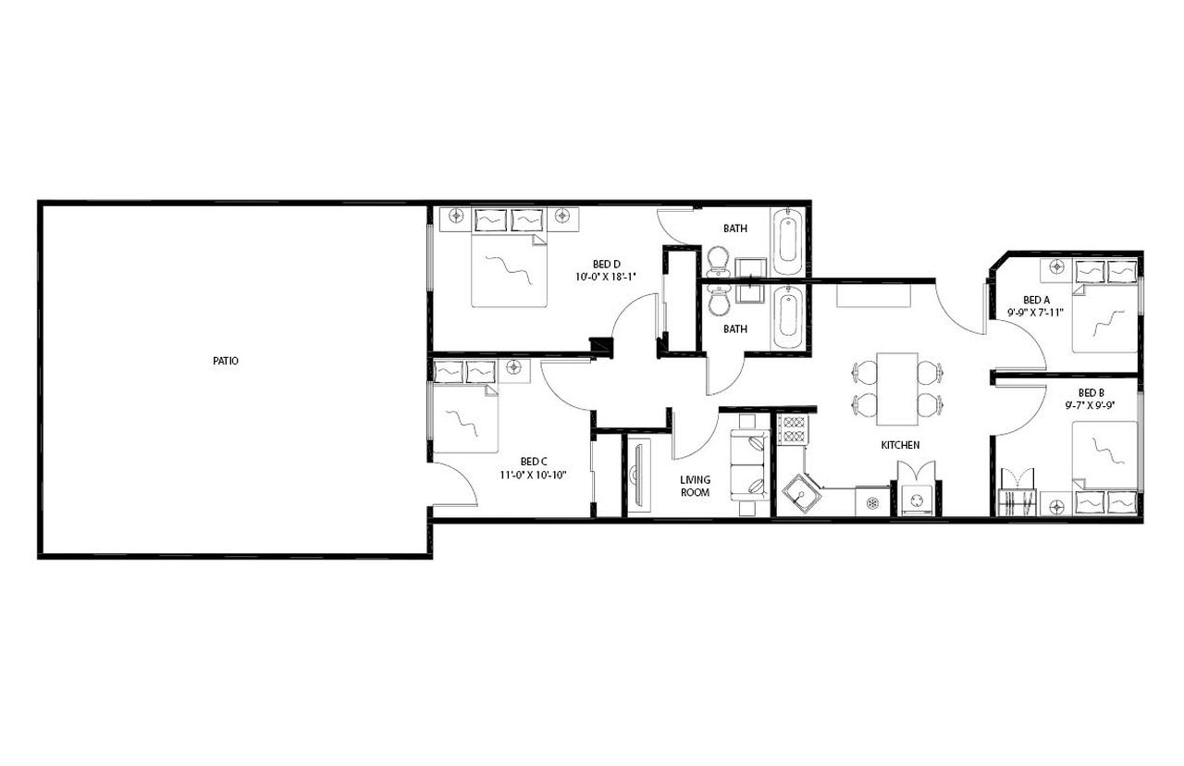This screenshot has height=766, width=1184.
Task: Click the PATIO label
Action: tap(225, 362)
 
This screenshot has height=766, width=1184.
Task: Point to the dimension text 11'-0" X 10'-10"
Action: tap(534, 476)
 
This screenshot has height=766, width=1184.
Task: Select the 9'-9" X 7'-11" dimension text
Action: tap(1036, 313)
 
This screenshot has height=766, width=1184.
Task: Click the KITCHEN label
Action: tap(899, 445)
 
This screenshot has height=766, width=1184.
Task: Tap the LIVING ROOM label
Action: tap(695, 486)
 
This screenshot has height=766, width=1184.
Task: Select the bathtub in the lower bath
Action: tap(787, 317)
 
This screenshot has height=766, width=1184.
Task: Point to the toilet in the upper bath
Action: tap(718, 260)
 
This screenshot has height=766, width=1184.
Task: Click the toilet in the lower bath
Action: tap(718, 300)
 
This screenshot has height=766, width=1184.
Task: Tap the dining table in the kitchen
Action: tap(896, 388)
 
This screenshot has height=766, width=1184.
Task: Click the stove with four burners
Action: tap(794, 430)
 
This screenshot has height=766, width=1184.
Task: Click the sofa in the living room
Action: tap(749, 465)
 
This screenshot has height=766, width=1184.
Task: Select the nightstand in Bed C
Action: tap(514, 368)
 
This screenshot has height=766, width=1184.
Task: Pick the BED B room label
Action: tap(1091, 392)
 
